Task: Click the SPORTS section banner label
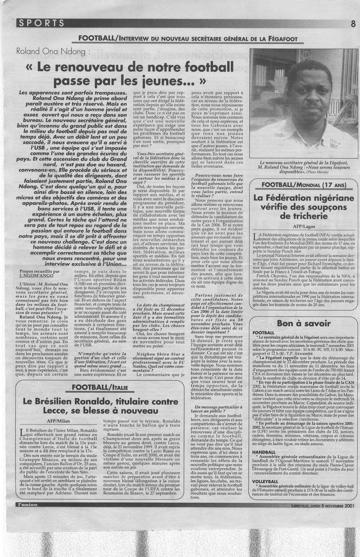coord(42,23)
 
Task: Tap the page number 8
coord(353,24)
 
